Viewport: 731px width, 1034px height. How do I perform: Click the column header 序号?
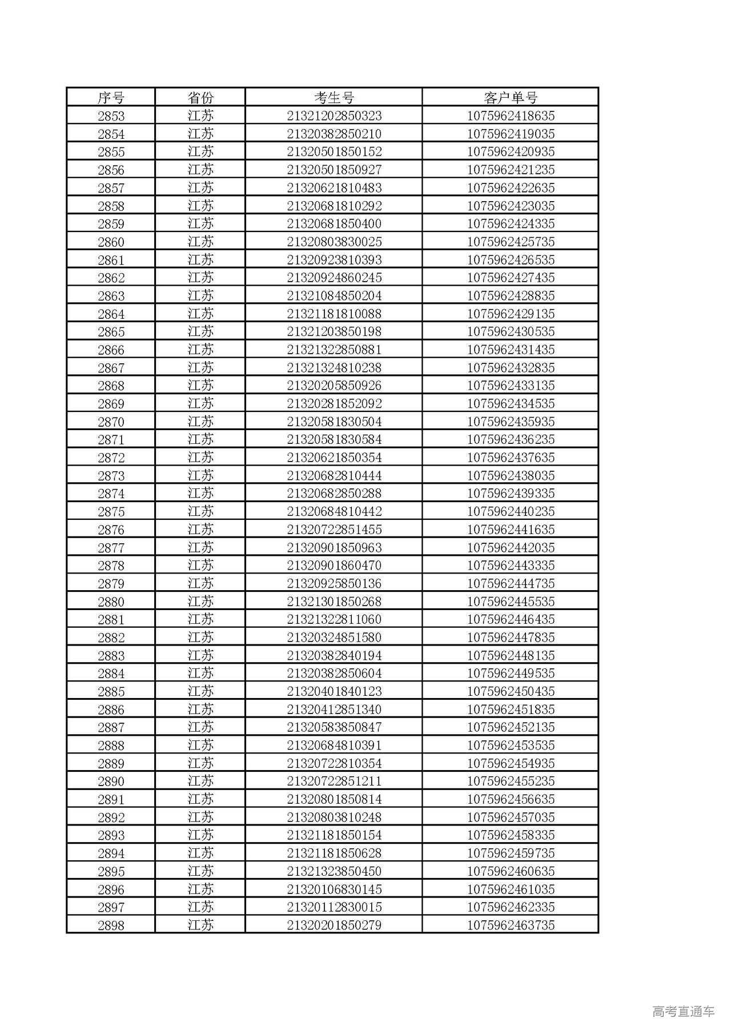coord(111,98)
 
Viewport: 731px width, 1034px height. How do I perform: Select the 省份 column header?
coord(200,98)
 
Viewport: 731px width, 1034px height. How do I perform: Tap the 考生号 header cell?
coord(334,98)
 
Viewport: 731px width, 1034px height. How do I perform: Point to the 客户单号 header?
coord(511,98)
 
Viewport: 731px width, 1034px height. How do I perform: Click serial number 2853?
coord(111,116)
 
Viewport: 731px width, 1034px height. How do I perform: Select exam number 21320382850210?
coord(334,134)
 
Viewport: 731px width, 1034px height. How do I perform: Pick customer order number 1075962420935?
coord(511,152)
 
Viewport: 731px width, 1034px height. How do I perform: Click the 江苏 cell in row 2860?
coord(200,242)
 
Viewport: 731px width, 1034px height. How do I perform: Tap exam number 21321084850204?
coord(334,296)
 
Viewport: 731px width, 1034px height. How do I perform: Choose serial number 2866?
coord(111,350)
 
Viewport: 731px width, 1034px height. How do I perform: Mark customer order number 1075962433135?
coord(511,386)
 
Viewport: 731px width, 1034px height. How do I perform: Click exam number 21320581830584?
coord(334,439)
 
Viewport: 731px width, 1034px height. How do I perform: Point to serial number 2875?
coord(111,512)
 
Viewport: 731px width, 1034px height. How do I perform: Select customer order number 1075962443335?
coord(511,566)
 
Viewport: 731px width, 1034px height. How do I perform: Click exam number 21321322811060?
coord(334,619)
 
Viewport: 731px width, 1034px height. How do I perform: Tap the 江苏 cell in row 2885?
coord(200,691)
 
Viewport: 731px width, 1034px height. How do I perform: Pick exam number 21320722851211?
coord(334,781)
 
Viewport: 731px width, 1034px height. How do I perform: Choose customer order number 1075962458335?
coord(511,835)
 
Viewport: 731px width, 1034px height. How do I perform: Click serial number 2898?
coord(111,925)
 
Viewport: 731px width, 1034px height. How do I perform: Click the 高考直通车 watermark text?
coord(683,1011)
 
